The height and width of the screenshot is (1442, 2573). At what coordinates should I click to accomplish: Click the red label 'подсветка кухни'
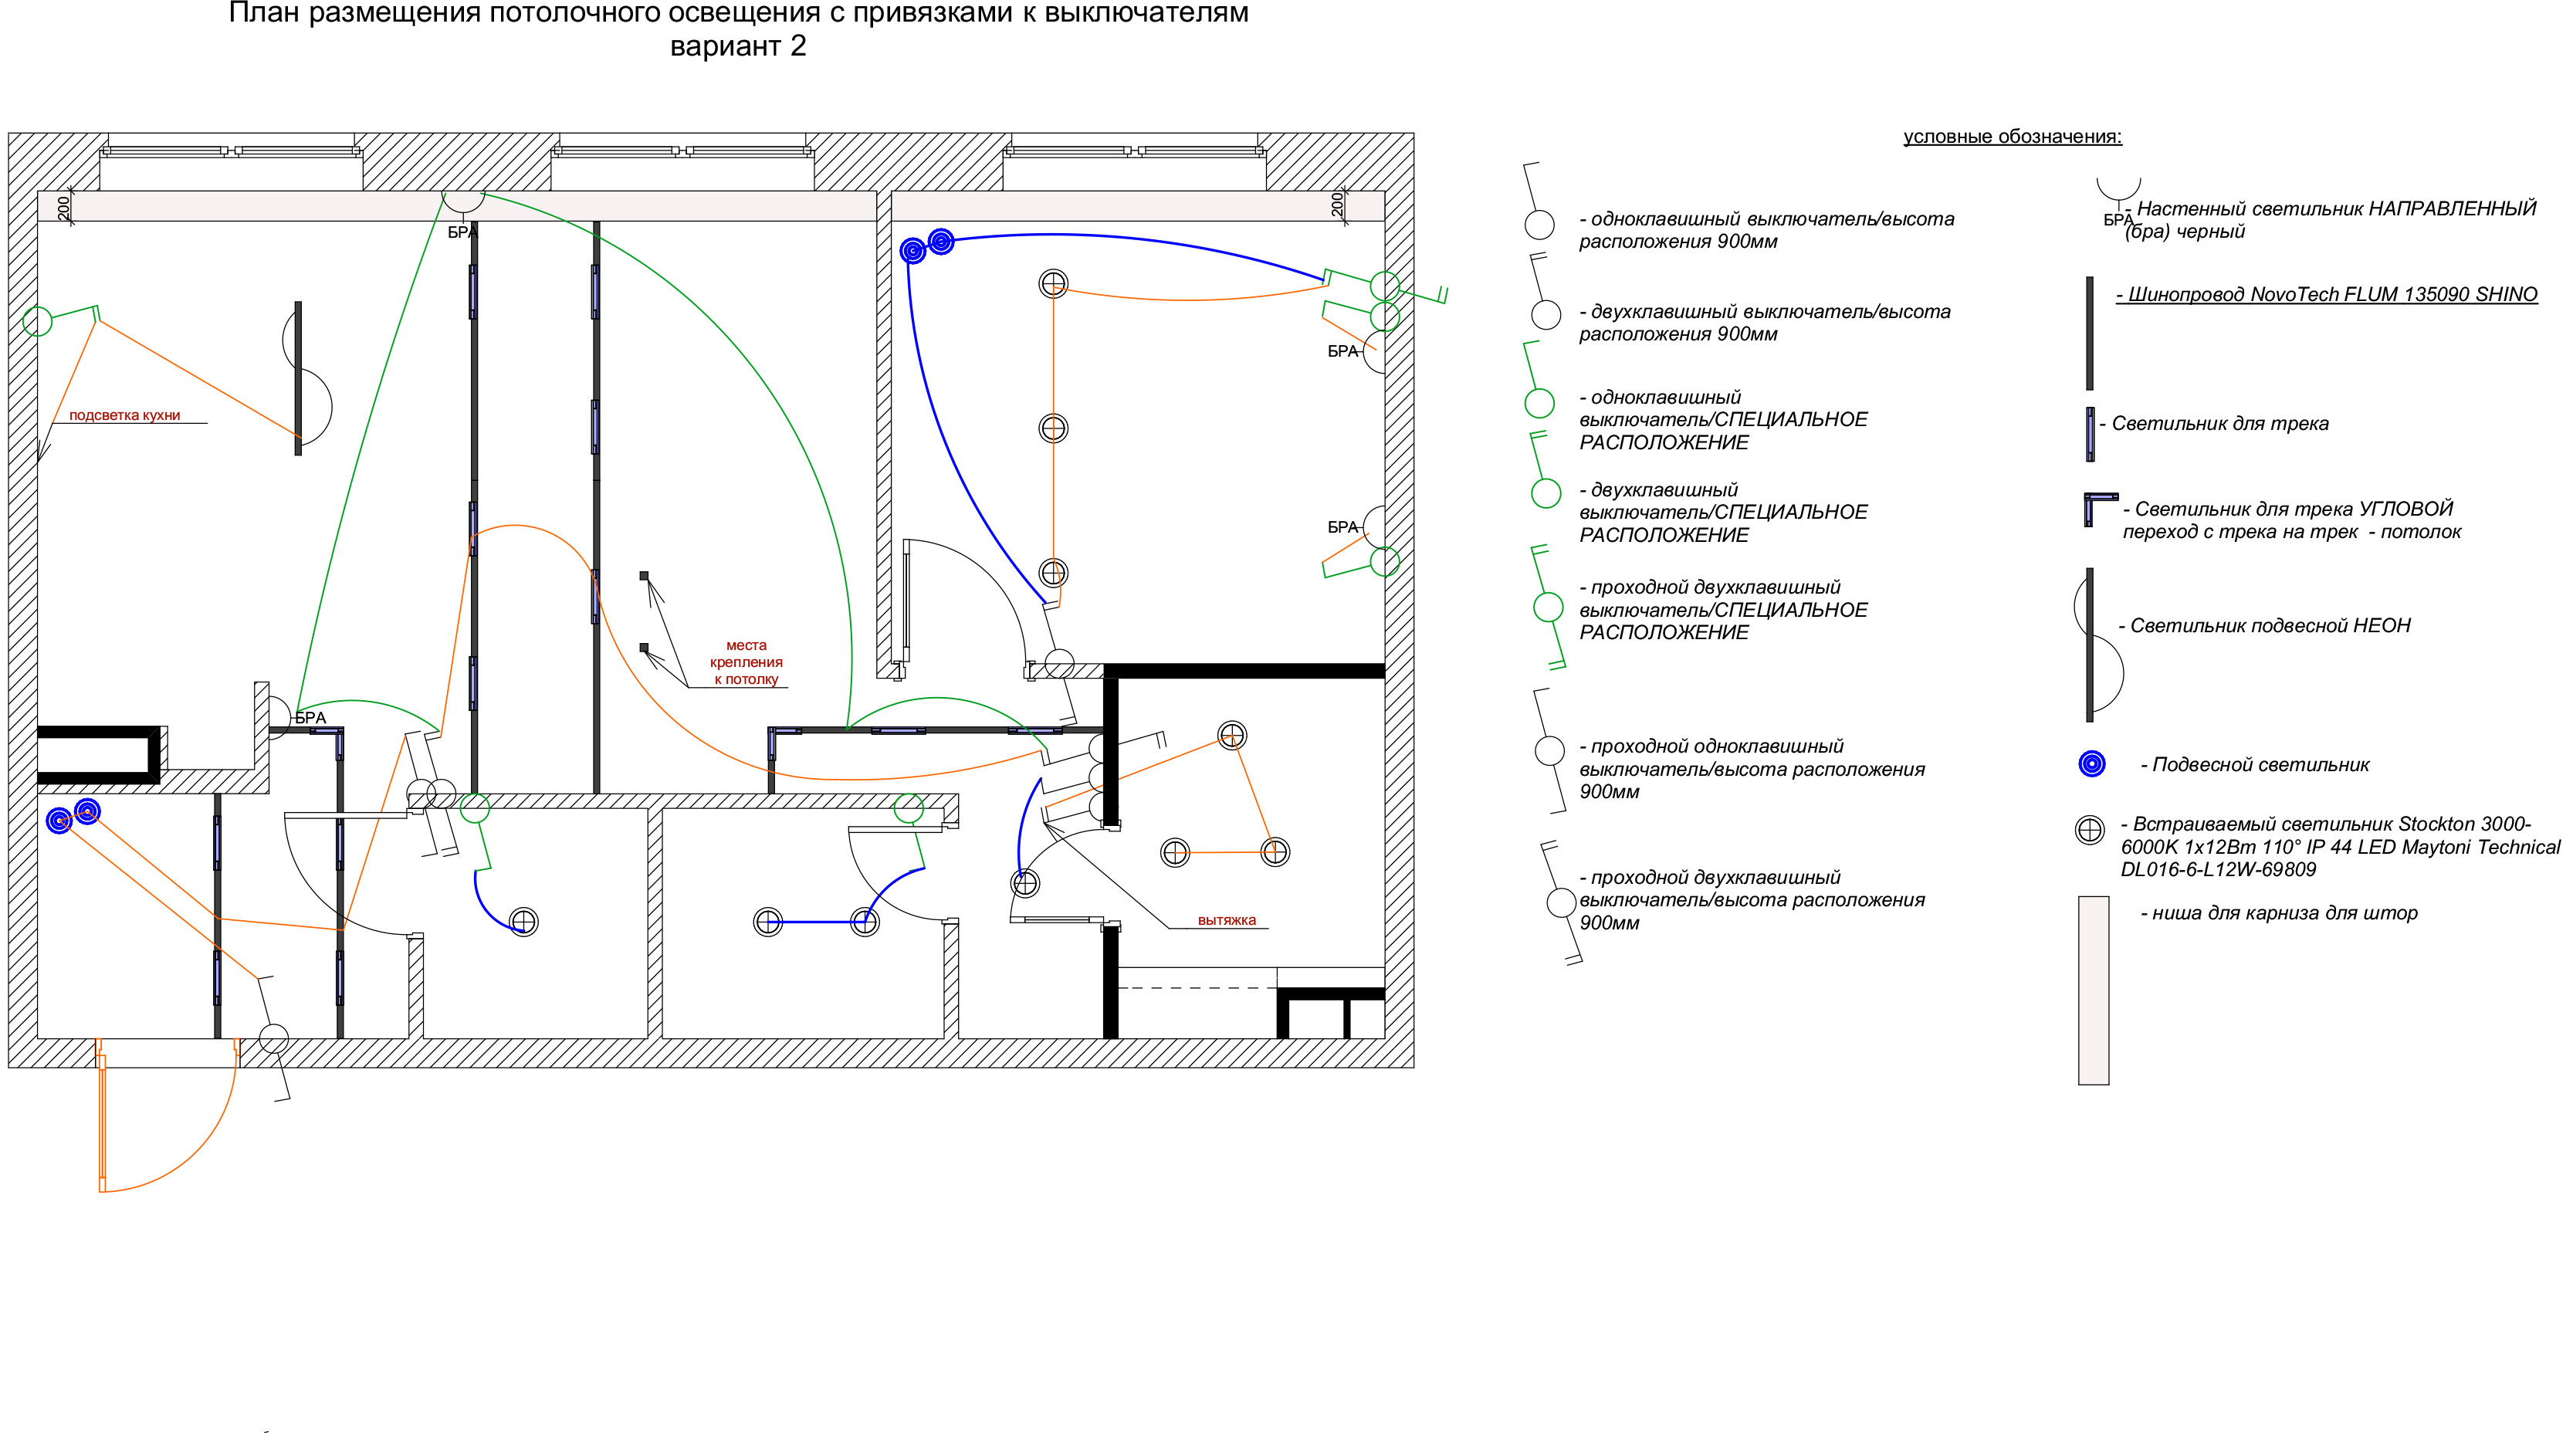pyautogui.click(x=125, y=415)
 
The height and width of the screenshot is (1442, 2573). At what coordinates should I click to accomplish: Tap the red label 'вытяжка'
pyautogui.click(x=1227, y=919)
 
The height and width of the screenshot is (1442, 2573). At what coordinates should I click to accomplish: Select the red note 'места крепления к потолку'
pyautogui.click(x=747, y=662)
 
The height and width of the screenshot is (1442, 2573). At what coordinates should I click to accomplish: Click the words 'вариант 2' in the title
pyautogui.click(x=738, y=46)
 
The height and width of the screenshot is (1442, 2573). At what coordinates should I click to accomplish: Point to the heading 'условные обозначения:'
pyautogui.click(x=2013, y=137)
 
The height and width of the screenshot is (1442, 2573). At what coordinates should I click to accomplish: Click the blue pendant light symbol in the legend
pyautogui.click(x=2091, y=764)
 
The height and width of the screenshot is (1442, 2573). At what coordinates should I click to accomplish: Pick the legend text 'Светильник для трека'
pyautogui.click(x=2219, y=423)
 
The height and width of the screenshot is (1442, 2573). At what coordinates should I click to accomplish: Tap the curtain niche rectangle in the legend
pyautogui.click(x=2094, y=990)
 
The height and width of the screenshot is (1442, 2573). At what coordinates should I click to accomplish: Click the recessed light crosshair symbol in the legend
pyautogui.click(x=2090, y=830)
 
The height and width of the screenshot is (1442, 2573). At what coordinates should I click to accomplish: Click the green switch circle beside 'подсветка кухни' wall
pyautogui.click(x=37, y=322)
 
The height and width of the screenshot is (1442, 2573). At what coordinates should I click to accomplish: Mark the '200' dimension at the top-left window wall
pyautogui.click(x=64, y=207)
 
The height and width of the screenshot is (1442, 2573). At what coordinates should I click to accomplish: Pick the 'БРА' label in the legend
pyautogui.click(x=2118, y=221)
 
